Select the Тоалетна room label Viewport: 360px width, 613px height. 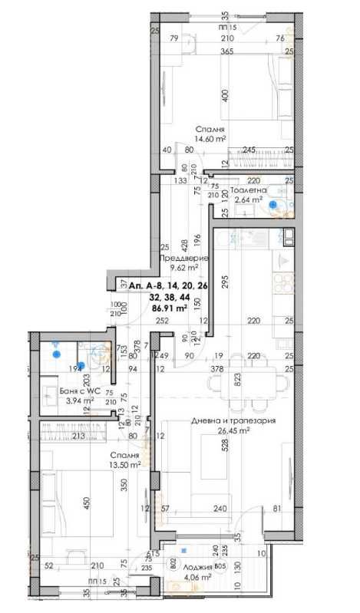point(249,190)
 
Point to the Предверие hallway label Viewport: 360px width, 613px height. point(183,259)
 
